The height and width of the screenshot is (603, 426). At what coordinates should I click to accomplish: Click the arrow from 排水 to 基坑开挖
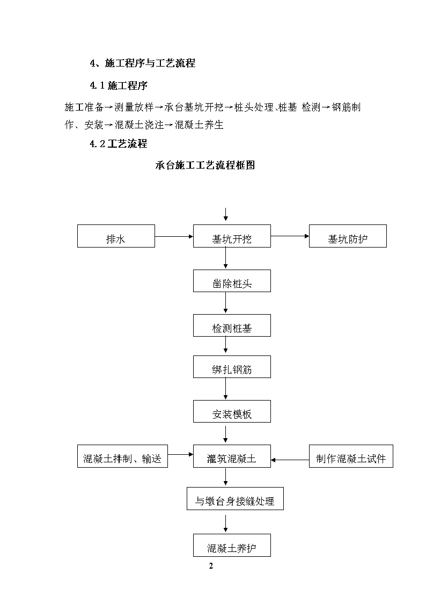(174, 236)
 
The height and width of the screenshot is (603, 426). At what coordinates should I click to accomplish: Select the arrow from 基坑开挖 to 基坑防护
(290, 236)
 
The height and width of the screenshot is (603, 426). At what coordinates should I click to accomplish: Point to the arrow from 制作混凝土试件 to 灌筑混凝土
(290, 460)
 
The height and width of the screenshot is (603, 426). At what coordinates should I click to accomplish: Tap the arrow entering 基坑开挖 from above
(225, 214)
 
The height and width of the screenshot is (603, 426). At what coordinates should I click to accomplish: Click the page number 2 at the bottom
(211, 566)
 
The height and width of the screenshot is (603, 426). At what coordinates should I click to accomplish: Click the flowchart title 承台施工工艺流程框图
(205, 165)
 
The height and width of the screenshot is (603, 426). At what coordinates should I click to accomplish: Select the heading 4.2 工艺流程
(119, 144)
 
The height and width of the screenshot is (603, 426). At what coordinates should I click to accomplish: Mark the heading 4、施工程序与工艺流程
(143, 63)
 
